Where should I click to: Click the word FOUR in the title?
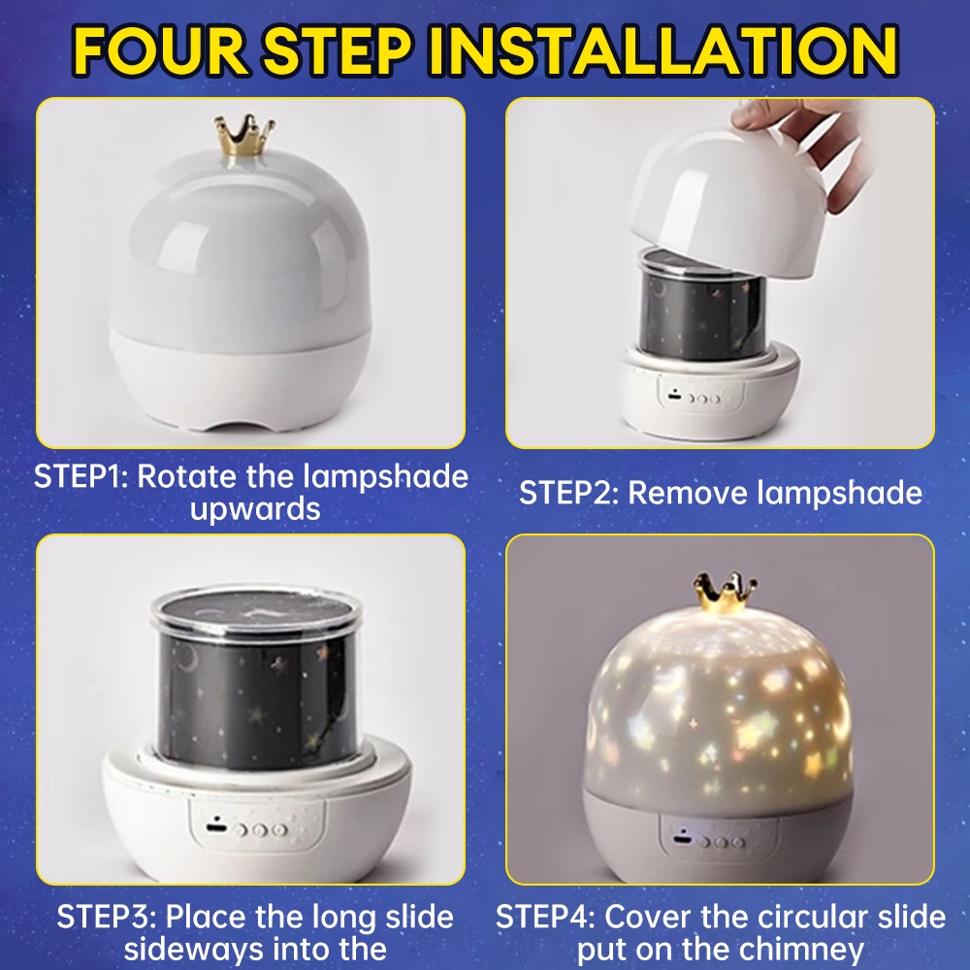pyautogui.click(x=161, y=50)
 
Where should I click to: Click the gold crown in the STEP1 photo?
pyautogui.click(x=244, y=135)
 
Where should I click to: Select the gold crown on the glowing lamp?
pyautogui.click(x=725, y=592)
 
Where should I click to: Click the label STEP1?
pyautogui.click(x=81, y=476)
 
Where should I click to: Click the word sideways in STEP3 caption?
pyautogui.click(x=193, y=949)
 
